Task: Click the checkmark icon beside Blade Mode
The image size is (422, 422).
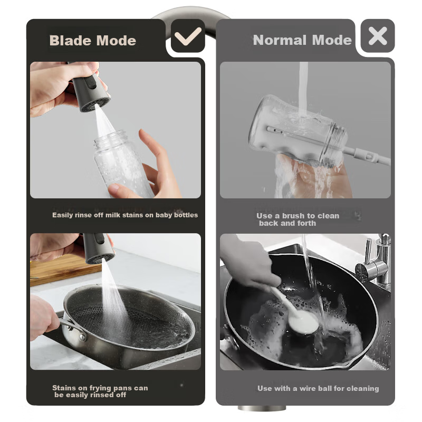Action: coord(188,36)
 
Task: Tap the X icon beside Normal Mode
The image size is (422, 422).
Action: coord(378,36)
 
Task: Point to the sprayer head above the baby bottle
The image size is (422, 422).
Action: coord(90,91)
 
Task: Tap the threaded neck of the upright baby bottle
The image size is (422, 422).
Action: coord(110,139)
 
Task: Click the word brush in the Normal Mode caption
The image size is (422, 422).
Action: coord(294,216)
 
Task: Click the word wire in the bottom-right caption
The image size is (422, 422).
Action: coord(308,388)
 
